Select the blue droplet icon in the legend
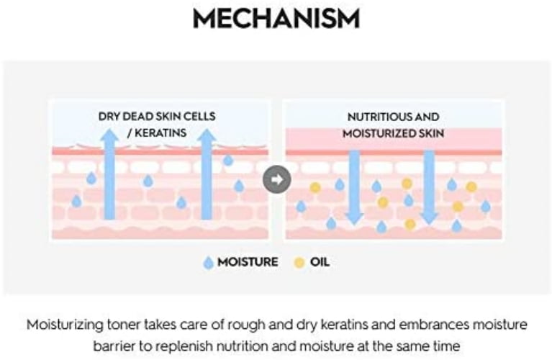(x=209, y=263)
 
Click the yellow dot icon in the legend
(x=299, y=262)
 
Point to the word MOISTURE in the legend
(x=248, y=262)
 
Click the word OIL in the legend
(x=320, y=262)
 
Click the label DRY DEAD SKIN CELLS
(x=158, y=116)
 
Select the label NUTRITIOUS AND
(x=393, y=116)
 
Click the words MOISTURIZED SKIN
(x=393, y=133)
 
